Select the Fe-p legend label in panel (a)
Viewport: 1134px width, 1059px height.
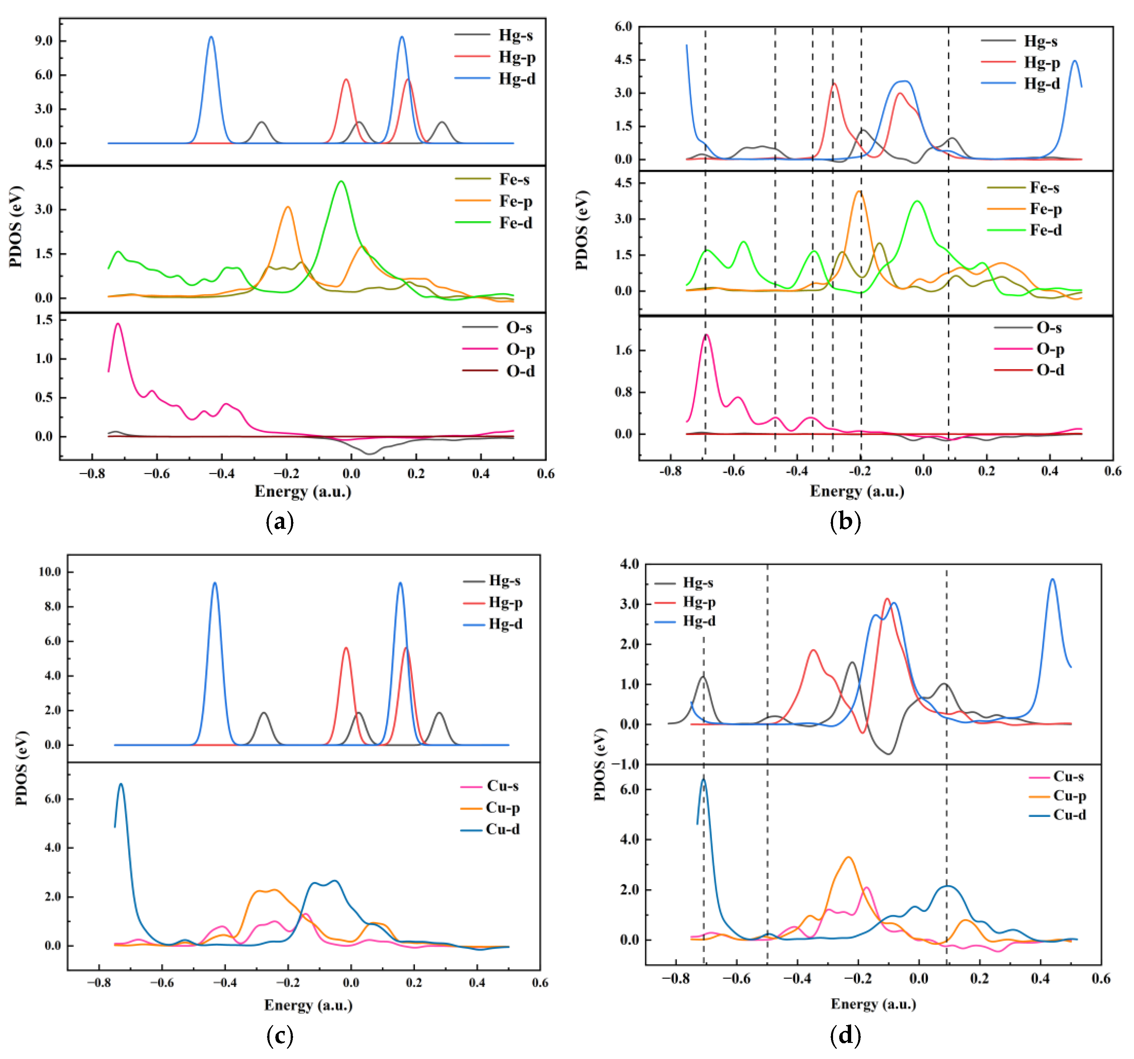pos(516,201)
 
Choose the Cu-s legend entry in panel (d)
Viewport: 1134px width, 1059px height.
pos(1068,776)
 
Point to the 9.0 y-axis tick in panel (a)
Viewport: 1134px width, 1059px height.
pos(43,41)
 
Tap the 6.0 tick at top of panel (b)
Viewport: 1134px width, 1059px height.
pos(623,27)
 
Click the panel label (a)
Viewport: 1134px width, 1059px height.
pos(279,522)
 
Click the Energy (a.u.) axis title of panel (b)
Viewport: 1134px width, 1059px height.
pos(857,491)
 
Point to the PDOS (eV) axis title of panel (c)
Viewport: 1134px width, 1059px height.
pos(22,768)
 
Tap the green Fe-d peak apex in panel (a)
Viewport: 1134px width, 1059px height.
pos(341,181)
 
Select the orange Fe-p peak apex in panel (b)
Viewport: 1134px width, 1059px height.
pos(859,192)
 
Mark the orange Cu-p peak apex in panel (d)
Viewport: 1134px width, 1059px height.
pos(848,857)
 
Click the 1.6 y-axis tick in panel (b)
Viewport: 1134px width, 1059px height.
pos(623,350)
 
